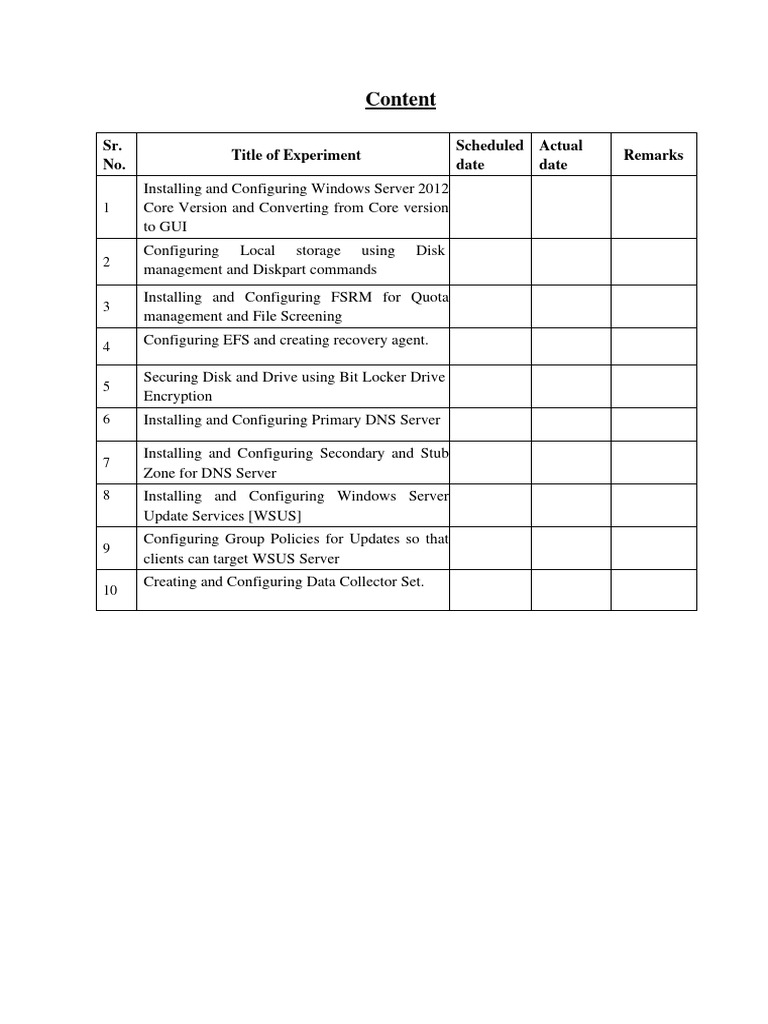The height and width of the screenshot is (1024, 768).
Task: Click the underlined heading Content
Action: [x=400, y=99]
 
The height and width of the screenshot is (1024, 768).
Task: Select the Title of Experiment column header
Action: [x=296, y=155]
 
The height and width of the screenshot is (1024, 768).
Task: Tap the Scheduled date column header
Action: [x=489, y=155]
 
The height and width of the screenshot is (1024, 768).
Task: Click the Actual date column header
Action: [x=560, y=155]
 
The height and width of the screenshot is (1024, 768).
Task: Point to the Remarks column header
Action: [x=653, y=155]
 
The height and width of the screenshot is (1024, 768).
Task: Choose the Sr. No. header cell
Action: [x=114, y=155]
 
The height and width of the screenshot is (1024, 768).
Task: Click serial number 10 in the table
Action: [x=111, y=591]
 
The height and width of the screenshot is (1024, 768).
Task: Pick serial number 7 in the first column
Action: [x=107, y=463]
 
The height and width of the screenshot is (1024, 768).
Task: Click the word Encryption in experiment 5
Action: [x=178, y=396]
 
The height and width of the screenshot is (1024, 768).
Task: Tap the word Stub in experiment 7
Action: [x=434, y=453]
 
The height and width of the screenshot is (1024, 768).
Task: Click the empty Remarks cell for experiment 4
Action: [x=653, y=346]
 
